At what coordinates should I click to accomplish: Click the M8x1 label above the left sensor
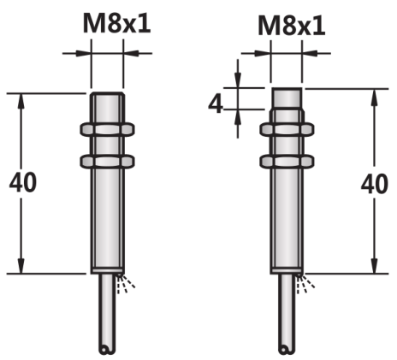tap(116, 24)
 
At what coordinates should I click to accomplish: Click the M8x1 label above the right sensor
tap(291, 26)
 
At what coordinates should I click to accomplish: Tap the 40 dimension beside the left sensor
tap(23, 182)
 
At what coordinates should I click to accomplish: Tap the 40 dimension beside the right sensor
tap(375, 184)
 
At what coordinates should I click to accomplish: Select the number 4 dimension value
tap(216, 103)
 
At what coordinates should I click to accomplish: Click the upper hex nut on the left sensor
tap(107, 129)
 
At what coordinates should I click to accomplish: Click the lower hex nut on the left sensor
tap(107, 161)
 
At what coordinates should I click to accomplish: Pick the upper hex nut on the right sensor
tap(287, 129)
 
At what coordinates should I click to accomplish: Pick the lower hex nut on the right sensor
tap(287, 161)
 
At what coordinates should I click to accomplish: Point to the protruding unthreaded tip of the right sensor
tap(287, 98)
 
